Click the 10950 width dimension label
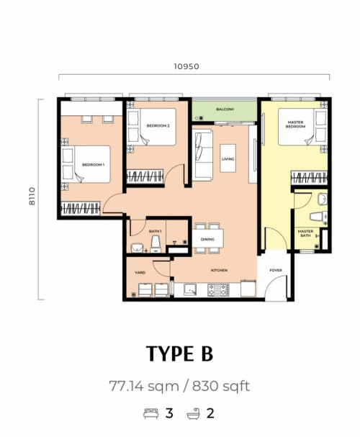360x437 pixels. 186,67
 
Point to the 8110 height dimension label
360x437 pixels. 32,197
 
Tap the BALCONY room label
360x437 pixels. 225,109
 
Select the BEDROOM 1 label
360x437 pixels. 93,165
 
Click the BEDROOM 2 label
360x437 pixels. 158,126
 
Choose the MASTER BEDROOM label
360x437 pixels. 295,125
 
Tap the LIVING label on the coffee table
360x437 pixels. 228,159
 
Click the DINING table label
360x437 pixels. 207,239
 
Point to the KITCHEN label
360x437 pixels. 219,270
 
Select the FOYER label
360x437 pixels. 276,270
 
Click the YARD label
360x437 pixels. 140,272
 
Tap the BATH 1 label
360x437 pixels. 156,231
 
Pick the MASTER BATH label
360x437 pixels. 305,233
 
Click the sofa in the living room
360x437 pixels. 203,155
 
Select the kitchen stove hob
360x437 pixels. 218,290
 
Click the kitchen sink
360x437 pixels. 190,290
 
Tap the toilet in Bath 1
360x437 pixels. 156,245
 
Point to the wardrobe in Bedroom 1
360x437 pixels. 80,209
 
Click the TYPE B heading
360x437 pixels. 180,353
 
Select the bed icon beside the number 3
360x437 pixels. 151,413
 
